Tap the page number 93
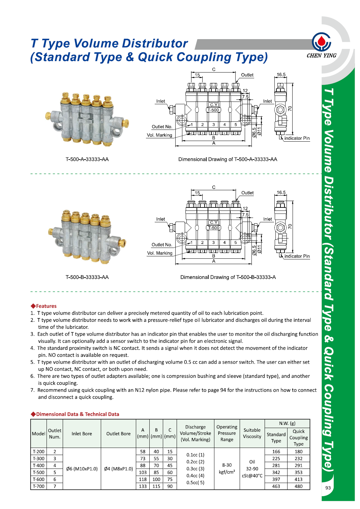(x=328, y=488)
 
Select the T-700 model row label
(x=38, y=486)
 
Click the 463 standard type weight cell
(x=276, y=486)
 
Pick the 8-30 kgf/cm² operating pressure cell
(x=227, y=469)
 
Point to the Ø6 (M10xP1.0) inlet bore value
(x=82, y=469)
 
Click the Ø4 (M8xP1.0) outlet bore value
(x=118, y=469)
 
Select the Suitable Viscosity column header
(x=252, y=433)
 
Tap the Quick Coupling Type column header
(x=298, y=437)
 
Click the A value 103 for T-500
(x=143, y=472)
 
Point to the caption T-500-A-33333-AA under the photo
(x=87, y=159)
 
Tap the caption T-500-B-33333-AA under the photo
(x=87, y=277)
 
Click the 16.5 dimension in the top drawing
(x=281, y=75)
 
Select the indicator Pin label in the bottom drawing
(x=297, y=256)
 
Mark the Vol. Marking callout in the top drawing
(x=159, y=135)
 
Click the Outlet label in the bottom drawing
(x=247, y=193)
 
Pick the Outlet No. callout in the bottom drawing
(x=161, y=245)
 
